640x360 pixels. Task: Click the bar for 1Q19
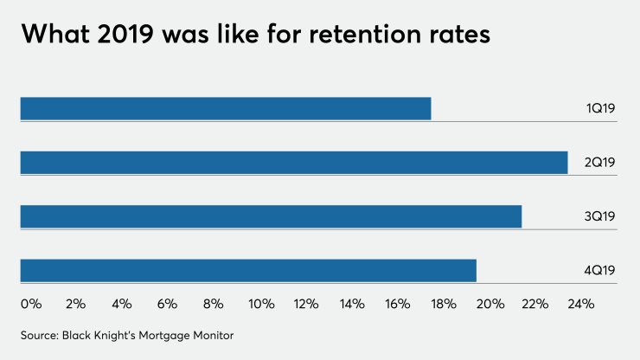[225, 109]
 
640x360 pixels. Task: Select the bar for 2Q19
[294, 163]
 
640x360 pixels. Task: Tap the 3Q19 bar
[271, 216]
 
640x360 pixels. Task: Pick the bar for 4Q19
[248, 270]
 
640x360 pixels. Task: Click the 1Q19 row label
[599, 109]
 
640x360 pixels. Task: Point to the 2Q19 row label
[599, 163]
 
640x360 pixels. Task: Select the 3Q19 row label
[599, 216]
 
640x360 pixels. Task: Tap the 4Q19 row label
[599, 270]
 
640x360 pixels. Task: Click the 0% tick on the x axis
[30, 304]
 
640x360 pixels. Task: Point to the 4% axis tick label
[121, 304]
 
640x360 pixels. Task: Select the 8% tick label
[213, 304]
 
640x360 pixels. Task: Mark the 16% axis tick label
[398, 304]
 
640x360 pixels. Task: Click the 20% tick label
[490, 304]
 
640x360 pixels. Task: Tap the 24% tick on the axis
[581, 304]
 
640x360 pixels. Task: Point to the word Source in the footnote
[40, 334]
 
